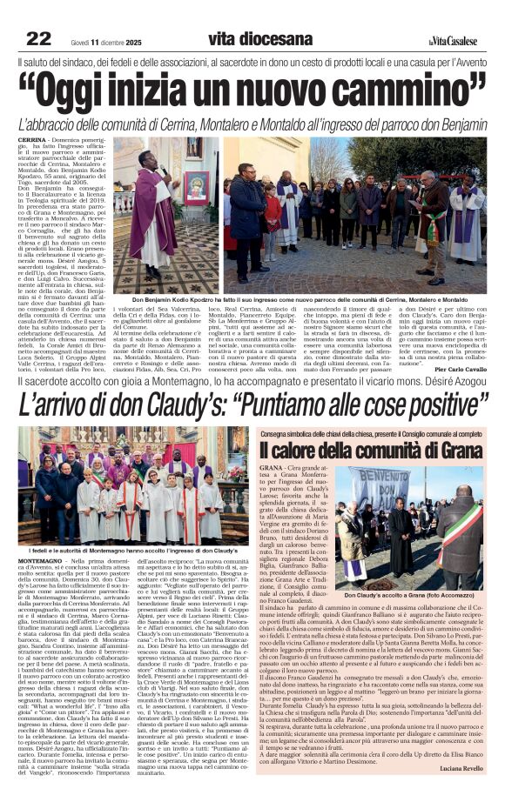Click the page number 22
point(38,38)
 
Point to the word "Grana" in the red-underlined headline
point(454,451)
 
